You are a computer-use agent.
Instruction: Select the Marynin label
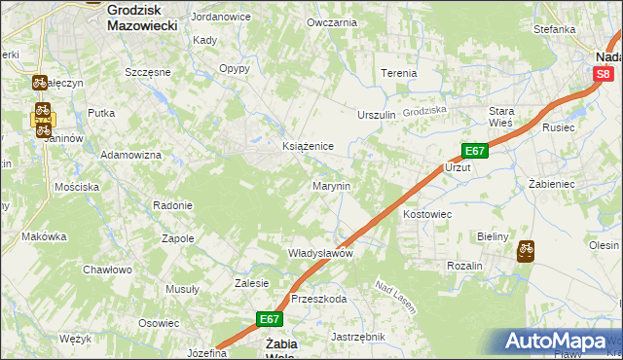(331, 185)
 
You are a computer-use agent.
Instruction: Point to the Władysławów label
(319, 253)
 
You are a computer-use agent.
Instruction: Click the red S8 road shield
(604, 73)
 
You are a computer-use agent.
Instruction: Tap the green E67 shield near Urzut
(474, 151)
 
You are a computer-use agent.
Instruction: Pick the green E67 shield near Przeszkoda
(271, 318)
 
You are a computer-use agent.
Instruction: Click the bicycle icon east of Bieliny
(526, 249)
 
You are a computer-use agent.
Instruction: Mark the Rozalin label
(465, 266)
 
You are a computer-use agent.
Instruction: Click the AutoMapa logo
(555, 341)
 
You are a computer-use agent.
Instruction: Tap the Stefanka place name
(555, 29)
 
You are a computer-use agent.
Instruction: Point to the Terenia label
(399, 73)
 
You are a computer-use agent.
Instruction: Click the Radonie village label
(172, 205)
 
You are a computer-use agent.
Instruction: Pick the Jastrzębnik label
(358, 337)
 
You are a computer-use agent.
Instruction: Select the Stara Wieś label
(501, 118)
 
